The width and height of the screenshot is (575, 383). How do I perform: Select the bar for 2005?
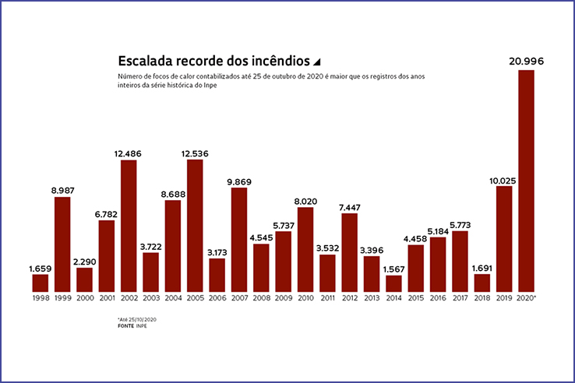tap(195, 225)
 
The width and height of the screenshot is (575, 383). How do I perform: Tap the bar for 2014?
tap(393, 283)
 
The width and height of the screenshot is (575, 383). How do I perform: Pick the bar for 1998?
tap(41, 282)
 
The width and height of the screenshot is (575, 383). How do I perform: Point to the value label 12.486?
tap(129, 153)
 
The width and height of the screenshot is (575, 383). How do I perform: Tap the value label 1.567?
tap(393, 269)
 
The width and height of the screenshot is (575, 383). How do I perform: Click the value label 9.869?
tap(239, 181)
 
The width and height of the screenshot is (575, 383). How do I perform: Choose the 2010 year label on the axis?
tap(305, 298)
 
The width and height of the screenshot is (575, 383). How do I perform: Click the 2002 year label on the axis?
tap(129, 298)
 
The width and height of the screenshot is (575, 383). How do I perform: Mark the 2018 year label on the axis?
tap(482, 298)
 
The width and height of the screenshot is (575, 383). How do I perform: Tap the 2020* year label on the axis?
tap(527, 298)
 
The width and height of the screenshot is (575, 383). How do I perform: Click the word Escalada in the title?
tap(146, 60)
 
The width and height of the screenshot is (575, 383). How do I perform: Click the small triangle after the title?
tap(316, 61)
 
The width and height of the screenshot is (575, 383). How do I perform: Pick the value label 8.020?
tap(305, 201)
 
